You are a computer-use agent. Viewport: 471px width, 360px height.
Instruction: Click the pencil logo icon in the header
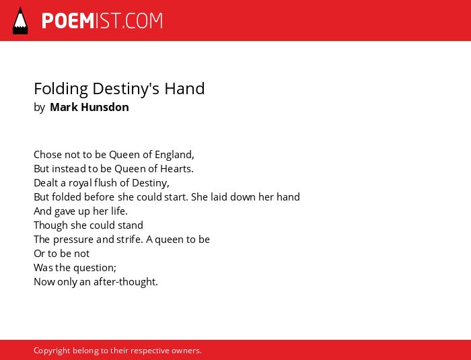(x=20, y=21)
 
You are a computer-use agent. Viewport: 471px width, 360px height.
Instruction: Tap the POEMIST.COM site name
(x=102, y=21)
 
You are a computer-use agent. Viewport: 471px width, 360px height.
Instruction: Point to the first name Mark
(x=64, y=107)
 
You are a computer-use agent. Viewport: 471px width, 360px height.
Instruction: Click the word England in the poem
(x=174, y=155)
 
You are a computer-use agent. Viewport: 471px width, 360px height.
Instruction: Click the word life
(x=119, y=211)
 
